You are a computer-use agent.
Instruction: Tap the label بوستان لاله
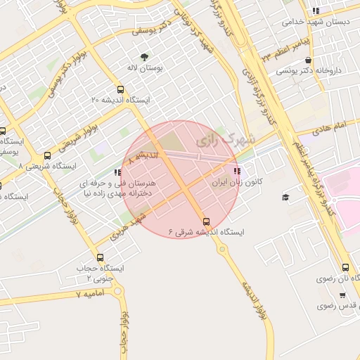coord(145,68)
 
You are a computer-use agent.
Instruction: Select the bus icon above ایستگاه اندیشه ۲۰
coord(120,90)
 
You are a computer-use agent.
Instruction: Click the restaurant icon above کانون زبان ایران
coord(236,171)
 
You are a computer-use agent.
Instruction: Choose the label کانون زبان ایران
coord(237,181)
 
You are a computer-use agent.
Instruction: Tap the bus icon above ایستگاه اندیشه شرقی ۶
coord(206,221)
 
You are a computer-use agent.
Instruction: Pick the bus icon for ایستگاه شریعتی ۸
coord(47,156)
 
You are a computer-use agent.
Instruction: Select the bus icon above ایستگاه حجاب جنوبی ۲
coord(100,257)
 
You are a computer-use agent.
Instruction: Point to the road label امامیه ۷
coord(89,293)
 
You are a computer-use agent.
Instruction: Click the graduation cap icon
coord(285,197)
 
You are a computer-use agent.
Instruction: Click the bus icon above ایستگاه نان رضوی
coord(345,268)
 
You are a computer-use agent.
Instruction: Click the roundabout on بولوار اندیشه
coord(222,249)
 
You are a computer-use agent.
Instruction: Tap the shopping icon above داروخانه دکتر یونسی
coord(309,60)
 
